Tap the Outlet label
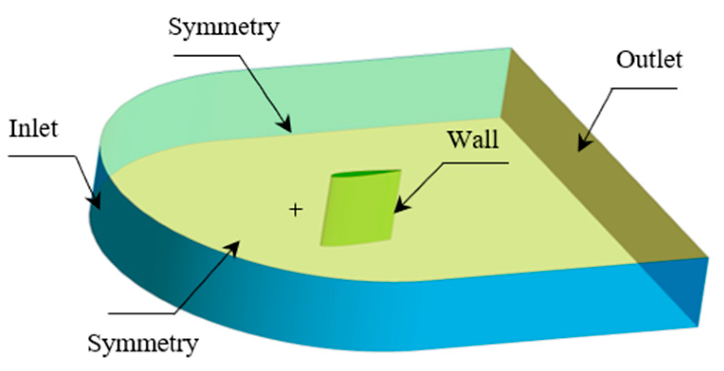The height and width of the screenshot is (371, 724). click(649, 61)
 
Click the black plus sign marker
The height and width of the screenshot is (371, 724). click(296, 209)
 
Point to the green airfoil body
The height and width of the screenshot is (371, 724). click(358, 209)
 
